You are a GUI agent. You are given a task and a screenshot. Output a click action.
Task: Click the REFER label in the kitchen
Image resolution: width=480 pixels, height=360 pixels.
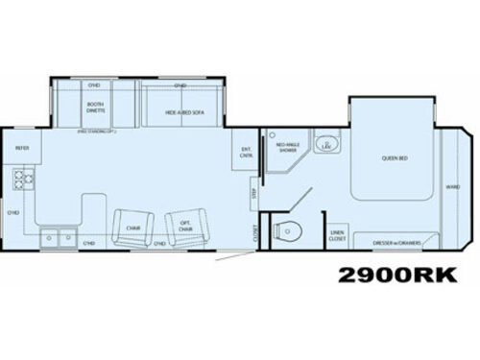(x=22, y=148)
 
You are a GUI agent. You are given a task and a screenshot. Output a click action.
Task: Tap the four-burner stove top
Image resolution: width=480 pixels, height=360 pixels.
(x=21, y=179)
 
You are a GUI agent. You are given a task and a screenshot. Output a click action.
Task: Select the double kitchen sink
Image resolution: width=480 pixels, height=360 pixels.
(x=55, y=234)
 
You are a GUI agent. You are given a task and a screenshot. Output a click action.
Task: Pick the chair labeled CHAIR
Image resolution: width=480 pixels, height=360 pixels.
(x=132, y=228)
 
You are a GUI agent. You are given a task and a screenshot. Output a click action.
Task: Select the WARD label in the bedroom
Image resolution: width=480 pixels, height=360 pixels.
(x=452, y=188)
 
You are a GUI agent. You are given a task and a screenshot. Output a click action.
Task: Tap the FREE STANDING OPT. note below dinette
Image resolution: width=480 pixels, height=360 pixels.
(x=96, y=131)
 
